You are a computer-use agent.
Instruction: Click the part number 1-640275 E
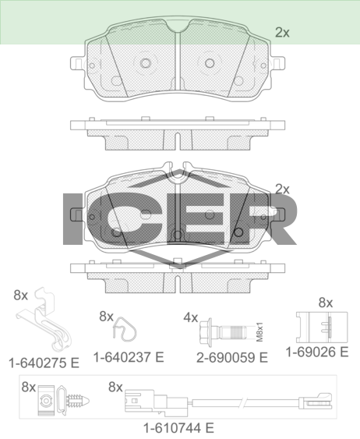44,363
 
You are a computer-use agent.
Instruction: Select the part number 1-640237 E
129,357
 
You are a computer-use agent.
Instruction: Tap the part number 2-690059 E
232,358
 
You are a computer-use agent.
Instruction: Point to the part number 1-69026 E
317,352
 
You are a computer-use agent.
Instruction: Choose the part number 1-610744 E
178,428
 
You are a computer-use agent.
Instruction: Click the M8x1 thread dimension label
259,331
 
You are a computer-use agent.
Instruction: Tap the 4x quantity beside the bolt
190,318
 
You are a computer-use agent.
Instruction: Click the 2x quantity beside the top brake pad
283,33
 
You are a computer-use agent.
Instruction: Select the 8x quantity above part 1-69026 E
326,303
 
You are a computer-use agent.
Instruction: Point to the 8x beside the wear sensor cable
115,388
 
